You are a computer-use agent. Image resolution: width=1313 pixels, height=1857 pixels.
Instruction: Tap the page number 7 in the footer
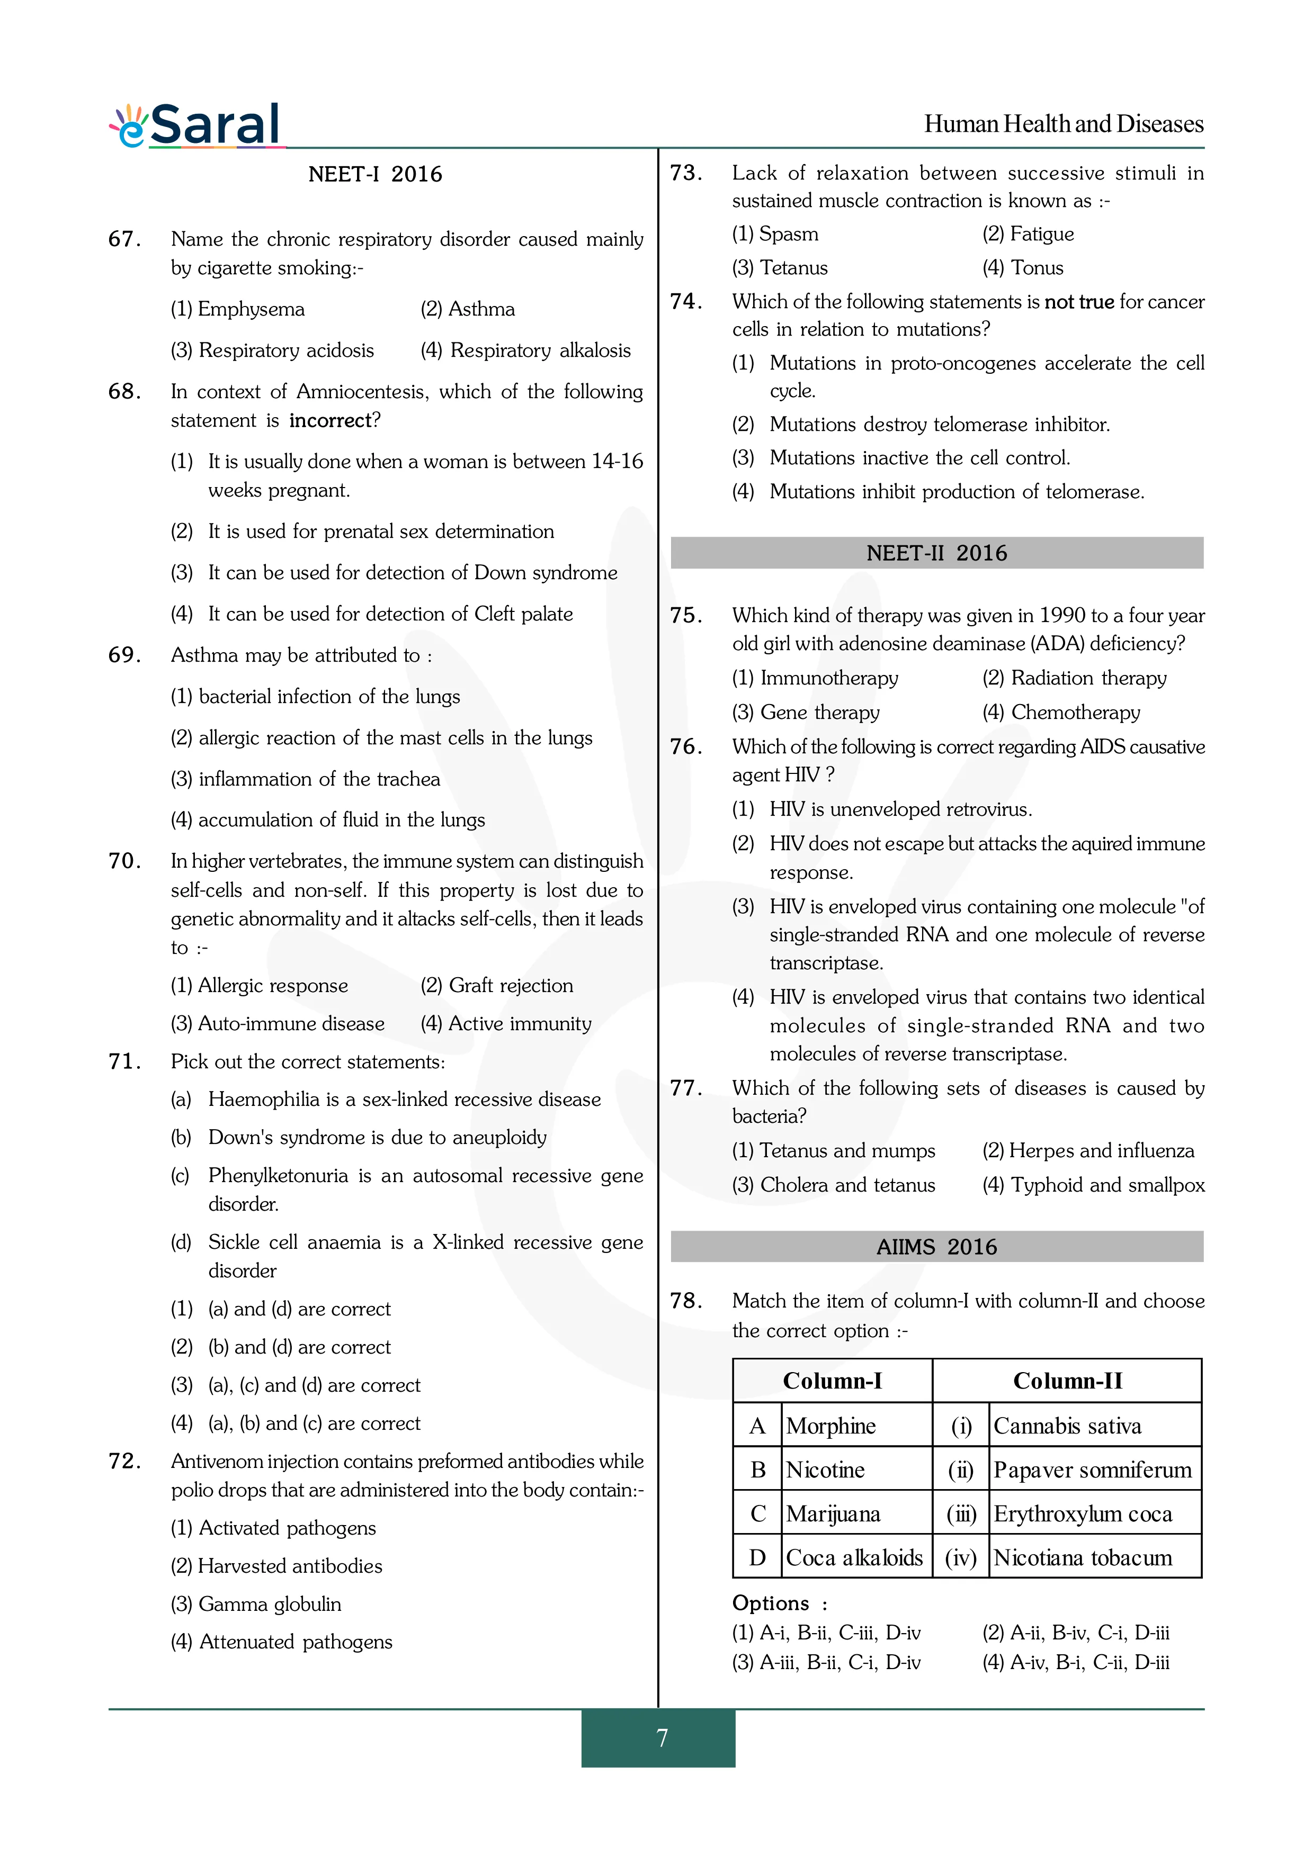(x=662, y=1737)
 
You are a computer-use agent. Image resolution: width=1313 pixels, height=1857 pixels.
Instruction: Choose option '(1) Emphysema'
(x=238, y=309)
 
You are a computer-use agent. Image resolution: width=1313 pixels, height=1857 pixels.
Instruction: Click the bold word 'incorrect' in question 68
(x=330, y=420)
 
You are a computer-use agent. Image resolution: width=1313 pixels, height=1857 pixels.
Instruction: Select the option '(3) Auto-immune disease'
(x=278, y=1024)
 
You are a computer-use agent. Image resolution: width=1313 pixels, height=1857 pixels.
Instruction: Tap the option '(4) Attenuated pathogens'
(x=282, y=1642)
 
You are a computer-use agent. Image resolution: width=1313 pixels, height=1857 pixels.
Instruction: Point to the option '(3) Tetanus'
(x=780, y=268)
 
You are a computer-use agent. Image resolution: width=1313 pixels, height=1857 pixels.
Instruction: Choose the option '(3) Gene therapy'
(x=806, y=713)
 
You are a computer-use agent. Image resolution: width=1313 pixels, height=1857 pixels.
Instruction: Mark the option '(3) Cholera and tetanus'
(x=833, y=1185)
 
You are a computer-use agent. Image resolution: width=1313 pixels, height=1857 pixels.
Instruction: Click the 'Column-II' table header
(x=1067, y=1381)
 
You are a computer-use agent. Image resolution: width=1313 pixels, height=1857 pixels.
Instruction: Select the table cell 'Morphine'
(x=831, y=1426)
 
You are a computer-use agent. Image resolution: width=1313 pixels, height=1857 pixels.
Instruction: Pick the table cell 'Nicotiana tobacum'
(x=1083, y=1558)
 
